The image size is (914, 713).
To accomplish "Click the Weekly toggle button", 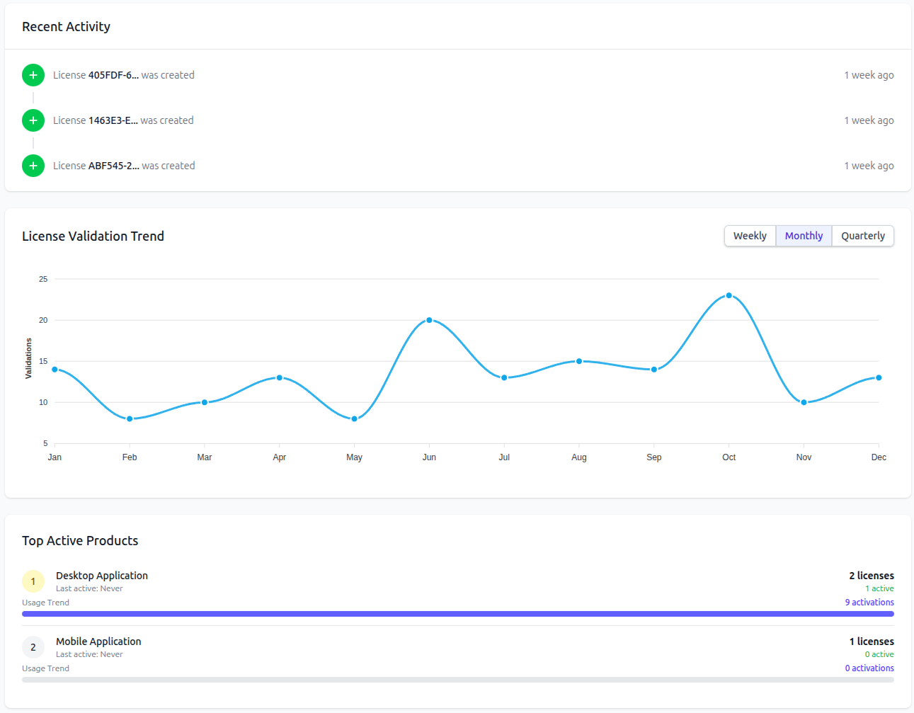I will pos(750,236).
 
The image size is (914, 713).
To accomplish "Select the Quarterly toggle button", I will pos(863,236).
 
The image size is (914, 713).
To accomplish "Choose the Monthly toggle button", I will pos(804,236).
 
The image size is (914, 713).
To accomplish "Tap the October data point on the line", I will pos(729,295).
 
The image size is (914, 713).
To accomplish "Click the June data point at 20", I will pos(429,320).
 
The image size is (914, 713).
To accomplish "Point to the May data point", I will pos(354,418).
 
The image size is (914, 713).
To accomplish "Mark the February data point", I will pos(130,418).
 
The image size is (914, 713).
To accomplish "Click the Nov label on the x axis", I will pos(804,457).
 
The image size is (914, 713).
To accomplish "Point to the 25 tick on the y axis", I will pos(43,279).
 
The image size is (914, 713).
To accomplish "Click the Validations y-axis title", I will pos(28,358).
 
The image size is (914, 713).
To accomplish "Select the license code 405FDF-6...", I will pos(113,75).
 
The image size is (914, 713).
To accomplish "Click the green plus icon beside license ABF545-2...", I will pos(33,166).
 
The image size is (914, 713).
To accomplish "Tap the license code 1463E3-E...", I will pos(113,120).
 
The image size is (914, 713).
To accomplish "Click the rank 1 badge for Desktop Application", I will pos(33,581).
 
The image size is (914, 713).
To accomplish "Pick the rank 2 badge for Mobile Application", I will pos(33,647).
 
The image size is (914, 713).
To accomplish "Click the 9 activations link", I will pos(869,603).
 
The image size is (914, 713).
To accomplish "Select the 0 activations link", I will pos(869,668).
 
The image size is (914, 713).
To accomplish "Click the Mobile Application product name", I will pos(98,641).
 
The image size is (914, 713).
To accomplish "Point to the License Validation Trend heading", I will pos(93,236).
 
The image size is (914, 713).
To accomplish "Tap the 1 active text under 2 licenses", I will pos(879,588).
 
